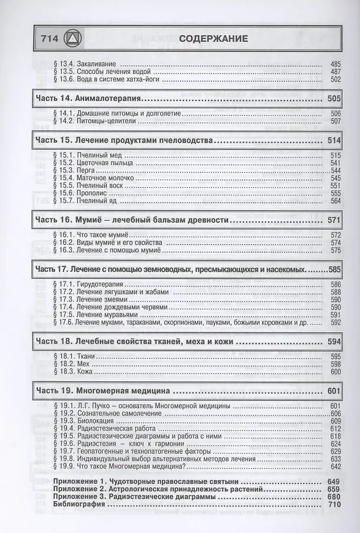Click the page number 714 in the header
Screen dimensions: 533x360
tap(48, 40)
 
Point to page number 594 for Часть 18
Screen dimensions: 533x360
tap(334, 342)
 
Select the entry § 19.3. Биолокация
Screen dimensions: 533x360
tap(83, 420)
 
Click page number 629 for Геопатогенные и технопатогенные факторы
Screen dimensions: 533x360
tap(336, 451)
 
